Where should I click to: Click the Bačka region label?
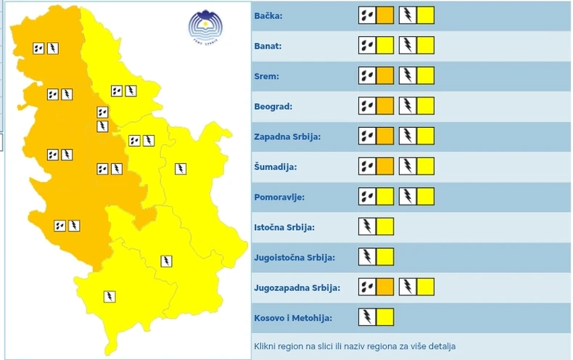click(x=268, y=16)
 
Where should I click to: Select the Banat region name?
click(x=268, y=46)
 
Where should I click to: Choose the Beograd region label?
click(x=273, y=107)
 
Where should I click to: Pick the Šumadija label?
click(x=276, y=167)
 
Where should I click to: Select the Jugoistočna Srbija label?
click(x=292, y=257)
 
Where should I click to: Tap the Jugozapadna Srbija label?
click(x=297, y=287)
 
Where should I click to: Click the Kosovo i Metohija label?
click(x=292, y=317)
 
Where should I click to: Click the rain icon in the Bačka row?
click(x=367, y=15)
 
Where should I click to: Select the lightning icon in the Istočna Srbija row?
click(x=367, y=226)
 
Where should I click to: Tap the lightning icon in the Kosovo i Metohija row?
click(x=367, y=317)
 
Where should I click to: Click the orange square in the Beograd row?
click(x=385, y=106)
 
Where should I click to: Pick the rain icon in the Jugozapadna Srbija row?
click(x=367, y=287)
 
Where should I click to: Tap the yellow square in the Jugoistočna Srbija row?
click(x=385, y=257)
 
